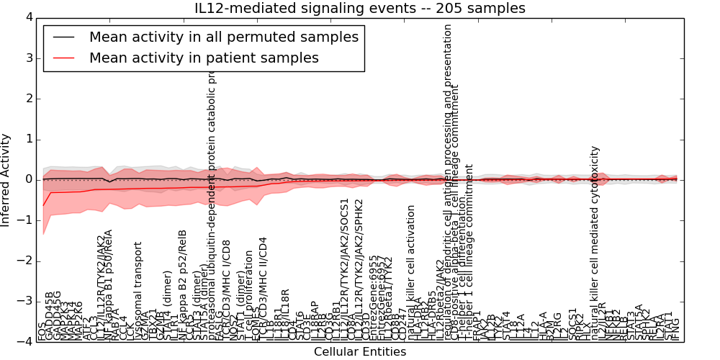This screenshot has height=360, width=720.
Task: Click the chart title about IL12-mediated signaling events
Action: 360,9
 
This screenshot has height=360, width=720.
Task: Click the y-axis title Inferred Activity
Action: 6,179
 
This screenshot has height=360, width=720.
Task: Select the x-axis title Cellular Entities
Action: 360,352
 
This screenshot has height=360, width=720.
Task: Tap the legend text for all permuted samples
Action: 223,37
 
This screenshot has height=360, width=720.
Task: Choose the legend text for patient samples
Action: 204,58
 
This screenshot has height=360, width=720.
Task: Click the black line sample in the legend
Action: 64,37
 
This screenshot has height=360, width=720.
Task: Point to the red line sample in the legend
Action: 64,58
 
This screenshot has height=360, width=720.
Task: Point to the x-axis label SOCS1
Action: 573,324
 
